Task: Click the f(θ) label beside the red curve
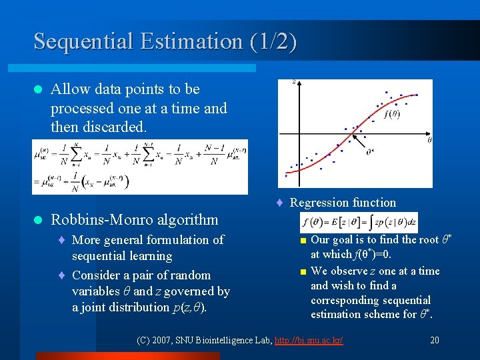pyautogui.click(x=393, y=113)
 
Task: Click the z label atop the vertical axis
pyautogui.click(x=294, y=83)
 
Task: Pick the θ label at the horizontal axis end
pyautogui.click(x=429, y=140)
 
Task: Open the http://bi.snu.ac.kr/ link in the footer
pyautogui.click(x=309, y=341)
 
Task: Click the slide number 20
pyautogui.click(x=435, y=341)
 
